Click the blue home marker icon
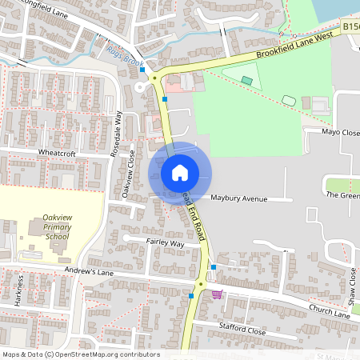[x=180, y=172]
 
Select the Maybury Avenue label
[x=238, y=198]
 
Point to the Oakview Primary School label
[x=57, y=226]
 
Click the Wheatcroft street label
[x=55, y=151]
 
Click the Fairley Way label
[x=165, y=242]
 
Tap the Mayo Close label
[x=342, y=132]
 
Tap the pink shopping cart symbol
[x=217, y=294]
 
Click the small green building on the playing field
[x=247, y=80]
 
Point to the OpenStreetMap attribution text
[x=80, y=354]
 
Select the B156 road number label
[x=351, y=27]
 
